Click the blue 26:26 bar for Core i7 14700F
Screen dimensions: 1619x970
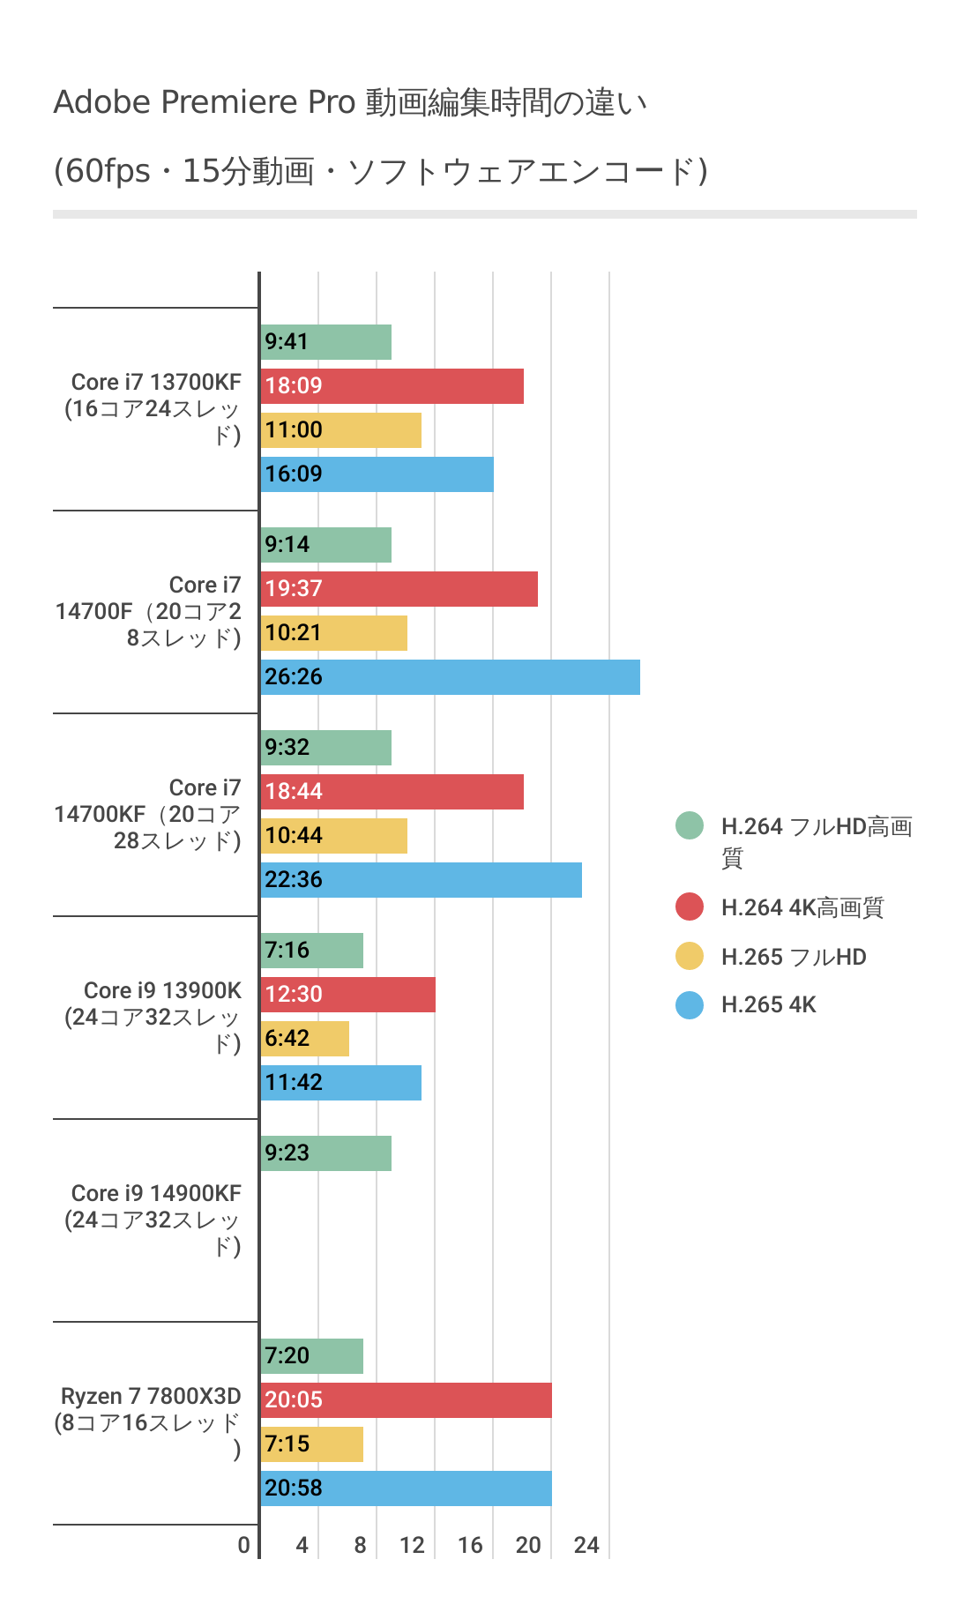point(450,677)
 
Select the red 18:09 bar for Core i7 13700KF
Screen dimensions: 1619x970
point(392,386)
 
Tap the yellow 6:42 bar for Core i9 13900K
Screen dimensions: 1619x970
point(305,1039)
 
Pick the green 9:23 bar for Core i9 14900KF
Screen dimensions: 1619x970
point(326,1153)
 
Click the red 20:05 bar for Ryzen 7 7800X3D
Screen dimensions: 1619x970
point(407,1400)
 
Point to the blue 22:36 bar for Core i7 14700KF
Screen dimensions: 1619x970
point(422,880)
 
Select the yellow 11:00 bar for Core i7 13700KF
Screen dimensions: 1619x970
point(341,430)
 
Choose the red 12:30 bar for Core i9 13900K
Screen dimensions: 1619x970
point(348,995)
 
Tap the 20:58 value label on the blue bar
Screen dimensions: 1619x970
point(294,1488)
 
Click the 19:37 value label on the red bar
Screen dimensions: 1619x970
point(294,589)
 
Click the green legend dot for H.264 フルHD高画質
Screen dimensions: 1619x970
point(690,826)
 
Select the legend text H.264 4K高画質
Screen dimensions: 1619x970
point(802,907)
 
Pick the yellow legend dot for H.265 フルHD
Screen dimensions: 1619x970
point(690,956)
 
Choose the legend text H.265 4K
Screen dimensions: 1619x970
point(768,1004)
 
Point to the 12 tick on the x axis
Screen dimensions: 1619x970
point(412,1545)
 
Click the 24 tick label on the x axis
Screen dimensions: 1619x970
point(586,1545)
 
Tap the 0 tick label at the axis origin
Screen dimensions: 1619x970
point(244,1545)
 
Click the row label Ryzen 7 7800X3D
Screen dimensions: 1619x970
point(151,1397)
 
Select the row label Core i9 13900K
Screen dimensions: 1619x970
point(162,991)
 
